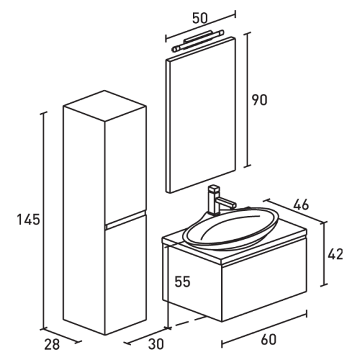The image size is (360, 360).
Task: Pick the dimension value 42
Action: coord(335,254)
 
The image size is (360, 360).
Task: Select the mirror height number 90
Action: coord(260,100)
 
